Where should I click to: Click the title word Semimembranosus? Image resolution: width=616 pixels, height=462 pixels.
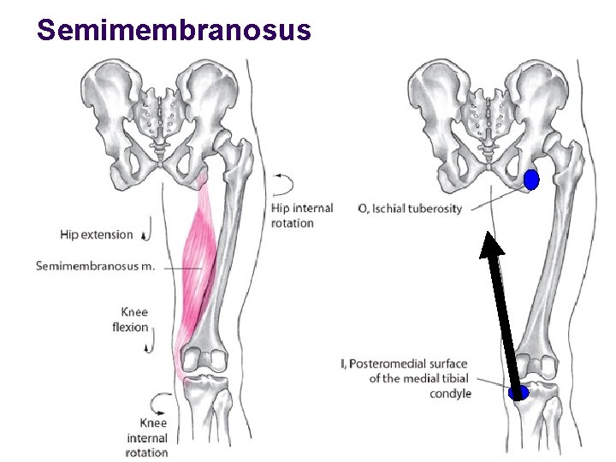pyautogui.click(x=174, y=30)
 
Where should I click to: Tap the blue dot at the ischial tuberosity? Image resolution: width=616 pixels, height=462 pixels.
pyautogui.click(x=531, y=180)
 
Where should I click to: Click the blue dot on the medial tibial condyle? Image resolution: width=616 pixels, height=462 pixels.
pyautogui.click(x=518, y=393)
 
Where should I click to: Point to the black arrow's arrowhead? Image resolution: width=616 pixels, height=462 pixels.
pyautogui.click(x=491, y=245)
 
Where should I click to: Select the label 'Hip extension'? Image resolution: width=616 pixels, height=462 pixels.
pyautogui.click(x=97, y=234)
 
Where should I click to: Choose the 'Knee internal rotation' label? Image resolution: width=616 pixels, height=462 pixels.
pyautogui.click(x=146, y=437)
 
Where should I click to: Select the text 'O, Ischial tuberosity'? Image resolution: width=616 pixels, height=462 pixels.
pyautogui.click(x=410, y=208)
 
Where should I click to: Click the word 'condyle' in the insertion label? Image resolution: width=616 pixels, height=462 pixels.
pyautogui.click(x=450, y=394)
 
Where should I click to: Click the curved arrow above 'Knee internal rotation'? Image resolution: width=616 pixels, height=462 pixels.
pyautogui.click(x=160, y=401)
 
